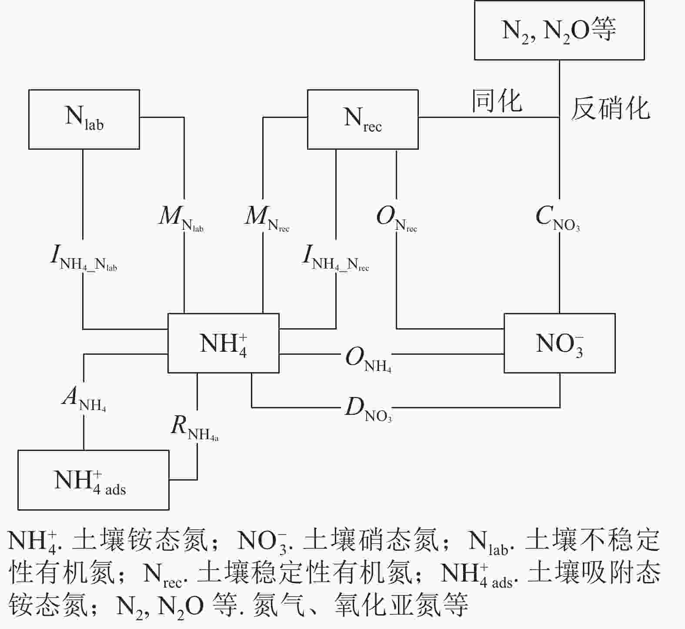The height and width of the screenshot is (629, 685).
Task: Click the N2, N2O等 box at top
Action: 559,30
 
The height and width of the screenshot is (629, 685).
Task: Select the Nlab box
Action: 84,119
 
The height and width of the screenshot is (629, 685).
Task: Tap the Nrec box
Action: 363,119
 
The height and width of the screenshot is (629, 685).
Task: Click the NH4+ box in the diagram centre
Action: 223,343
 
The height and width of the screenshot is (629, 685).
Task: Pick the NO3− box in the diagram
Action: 559,343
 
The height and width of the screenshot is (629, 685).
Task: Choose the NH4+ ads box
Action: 93,480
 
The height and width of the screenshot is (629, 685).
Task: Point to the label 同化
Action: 497,101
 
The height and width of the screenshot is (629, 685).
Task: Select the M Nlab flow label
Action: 180,218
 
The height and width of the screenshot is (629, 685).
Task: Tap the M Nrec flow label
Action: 267,218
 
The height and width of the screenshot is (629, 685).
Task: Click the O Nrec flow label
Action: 396,218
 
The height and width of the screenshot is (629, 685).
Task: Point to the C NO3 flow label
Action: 558,218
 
